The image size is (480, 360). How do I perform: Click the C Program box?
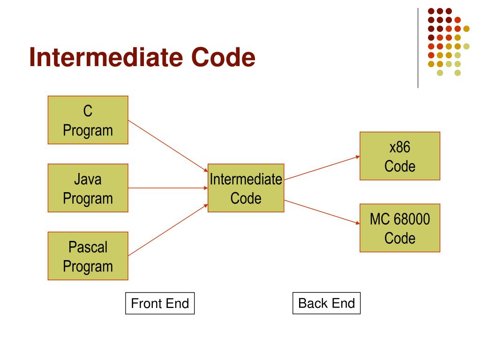point(88,120)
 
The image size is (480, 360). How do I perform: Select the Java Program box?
point(88,188)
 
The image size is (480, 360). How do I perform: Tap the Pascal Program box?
point(88,256)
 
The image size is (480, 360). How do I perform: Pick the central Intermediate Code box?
point(246,188)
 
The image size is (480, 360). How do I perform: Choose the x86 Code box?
point(400,156)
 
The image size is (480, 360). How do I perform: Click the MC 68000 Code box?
point(400,228)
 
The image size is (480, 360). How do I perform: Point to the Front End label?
point(160,303)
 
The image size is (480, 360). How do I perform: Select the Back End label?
point(326,303)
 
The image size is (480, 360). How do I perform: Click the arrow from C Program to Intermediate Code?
point(168,145)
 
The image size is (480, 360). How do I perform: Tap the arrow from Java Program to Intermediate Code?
point(168,188)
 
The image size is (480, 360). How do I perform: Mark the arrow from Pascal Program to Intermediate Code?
point(168,230)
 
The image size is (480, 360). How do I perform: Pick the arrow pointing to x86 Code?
point(322,167)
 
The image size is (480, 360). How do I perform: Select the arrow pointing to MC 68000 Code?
point(322,211)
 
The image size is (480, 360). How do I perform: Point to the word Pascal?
point(88,247)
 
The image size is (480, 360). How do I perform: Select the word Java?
point(88,179)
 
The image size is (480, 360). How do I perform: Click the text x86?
point(400,148)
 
